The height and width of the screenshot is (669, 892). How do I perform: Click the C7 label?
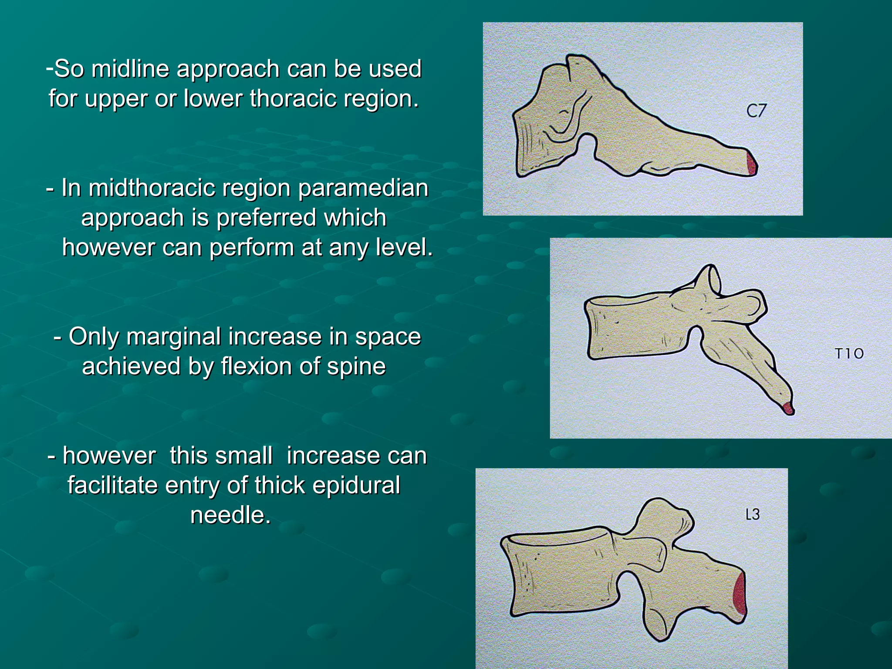756,111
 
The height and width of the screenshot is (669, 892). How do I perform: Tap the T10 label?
848,353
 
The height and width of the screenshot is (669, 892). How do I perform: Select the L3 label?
752,515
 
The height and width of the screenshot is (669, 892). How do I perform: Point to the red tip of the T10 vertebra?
787,408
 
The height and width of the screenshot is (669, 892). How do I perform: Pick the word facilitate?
112,485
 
